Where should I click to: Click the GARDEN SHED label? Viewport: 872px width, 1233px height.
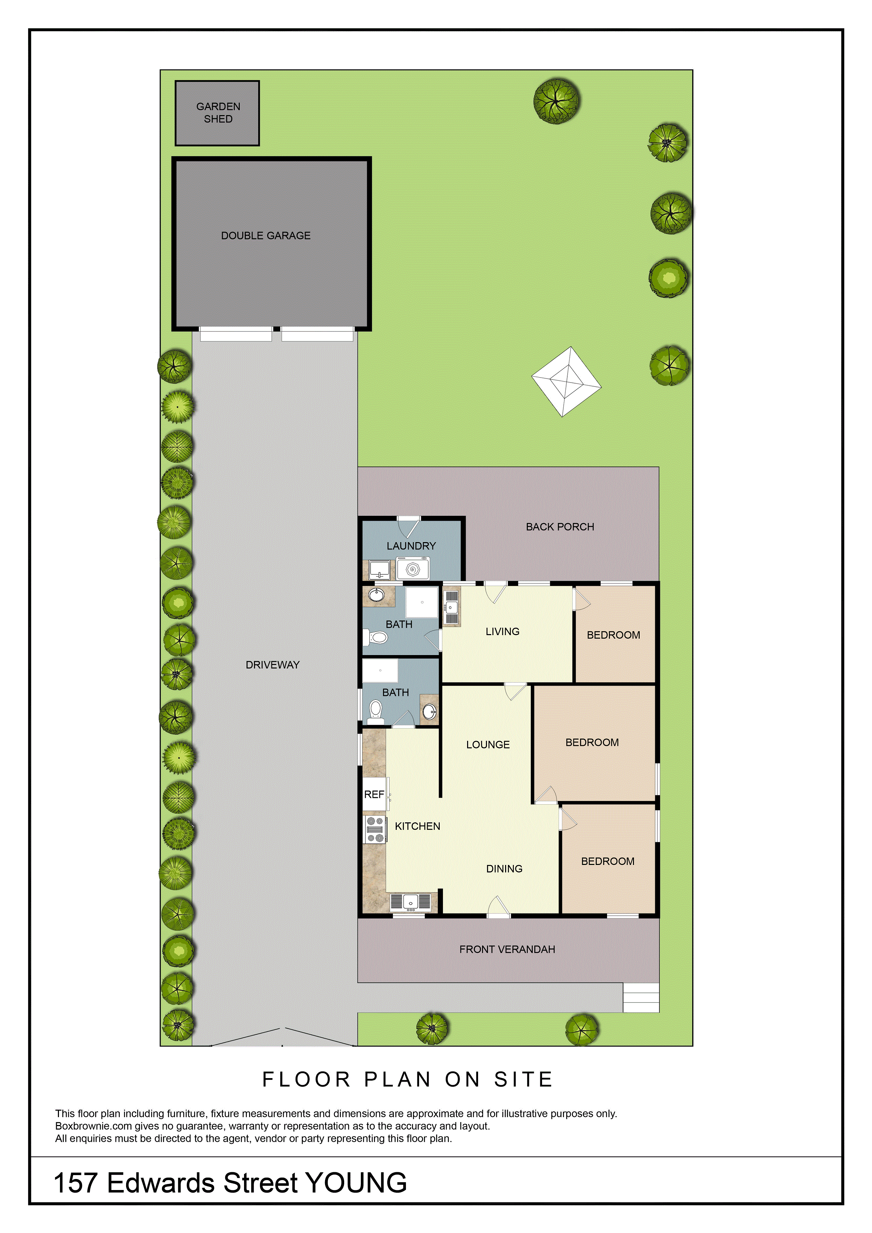pos(218,113)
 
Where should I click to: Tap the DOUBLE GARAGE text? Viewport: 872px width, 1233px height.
pos(266,236)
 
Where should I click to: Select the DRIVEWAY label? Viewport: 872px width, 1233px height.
pos(272,665)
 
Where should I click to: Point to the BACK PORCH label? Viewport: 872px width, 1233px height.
pos(560,527)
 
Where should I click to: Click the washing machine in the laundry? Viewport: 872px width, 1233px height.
pos(412,568)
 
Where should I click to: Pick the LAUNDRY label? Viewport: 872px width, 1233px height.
pos(411,546)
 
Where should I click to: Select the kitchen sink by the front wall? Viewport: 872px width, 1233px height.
pos(410,902)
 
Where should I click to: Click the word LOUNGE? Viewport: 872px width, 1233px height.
pos(488,744)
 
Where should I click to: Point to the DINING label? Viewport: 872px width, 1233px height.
pos(504,869)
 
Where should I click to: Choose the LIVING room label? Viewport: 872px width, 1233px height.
pos(503,632)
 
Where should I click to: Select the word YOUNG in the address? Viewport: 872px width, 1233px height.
pos(356,1183)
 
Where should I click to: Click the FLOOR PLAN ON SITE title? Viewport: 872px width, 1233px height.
pos(407,1080)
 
